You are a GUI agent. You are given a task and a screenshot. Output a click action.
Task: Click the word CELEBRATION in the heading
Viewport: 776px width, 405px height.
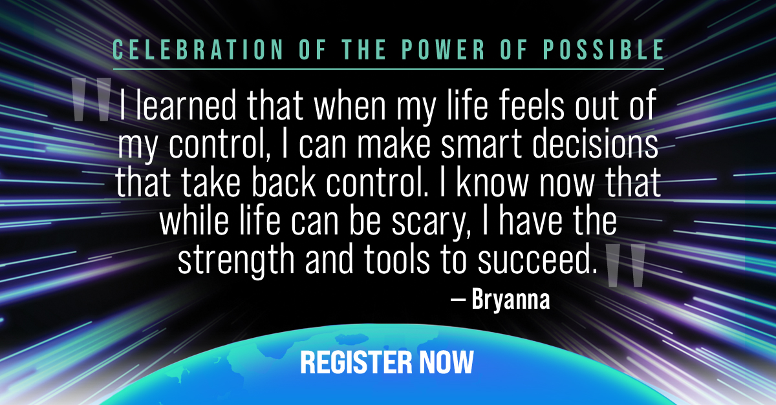(198, 50)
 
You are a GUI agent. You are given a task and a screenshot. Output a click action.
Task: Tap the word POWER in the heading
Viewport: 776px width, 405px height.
(444, 50)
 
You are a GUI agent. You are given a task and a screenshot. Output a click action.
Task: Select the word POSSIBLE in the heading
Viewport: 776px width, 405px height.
(603, 50)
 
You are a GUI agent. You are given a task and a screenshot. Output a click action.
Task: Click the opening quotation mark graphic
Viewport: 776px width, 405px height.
(91, 99)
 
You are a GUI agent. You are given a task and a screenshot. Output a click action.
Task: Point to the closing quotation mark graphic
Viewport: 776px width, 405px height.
(625, 265)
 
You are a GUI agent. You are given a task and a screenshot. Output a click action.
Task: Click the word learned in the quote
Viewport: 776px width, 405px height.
(186, 105)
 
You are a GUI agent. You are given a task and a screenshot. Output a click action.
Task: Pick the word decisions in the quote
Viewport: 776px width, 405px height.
(595, 143)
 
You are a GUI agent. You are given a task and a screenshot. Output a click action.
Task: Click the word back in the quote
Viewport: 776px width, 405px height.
(284, 182)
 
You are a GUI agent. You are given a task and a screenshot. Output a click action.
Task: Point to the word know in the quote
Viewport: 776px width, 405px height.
(492, 182)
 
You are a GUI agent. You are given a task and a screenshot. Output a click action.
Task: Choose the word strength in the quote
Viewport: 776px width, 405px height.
(236, 260)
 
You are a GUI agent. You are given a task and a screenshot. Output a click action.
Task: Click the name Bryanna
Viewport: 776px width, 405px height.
(511, 300)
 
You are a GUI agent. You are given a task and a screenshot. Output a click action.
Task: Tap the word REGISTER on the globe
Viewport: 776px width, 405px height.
(356, 362)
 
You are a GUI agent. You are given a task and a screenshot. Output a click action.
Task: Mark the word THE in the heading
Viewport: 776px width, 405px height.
(363, 50)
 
